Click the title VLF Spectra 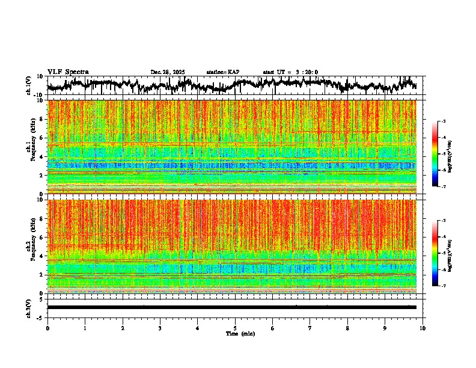(68, 72)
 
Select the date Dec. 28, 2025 (168, 72)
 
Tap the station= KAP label (223, 72)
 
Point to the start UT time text (290, 72)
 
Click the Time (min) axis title (239, 333)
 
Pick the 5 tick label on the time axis (235, 328)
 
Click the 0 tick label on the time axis (47, 328)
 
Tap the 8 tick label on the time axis (347, 328)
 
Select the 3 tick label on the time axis (160, 328)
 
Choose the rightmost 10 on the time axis (423, 328)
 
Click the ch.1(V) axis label (29, 85)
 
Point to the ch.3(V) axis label (29, 307)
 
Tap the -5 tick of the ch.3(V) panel (40, 317)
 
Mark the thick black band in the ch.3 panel (231, 307)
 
